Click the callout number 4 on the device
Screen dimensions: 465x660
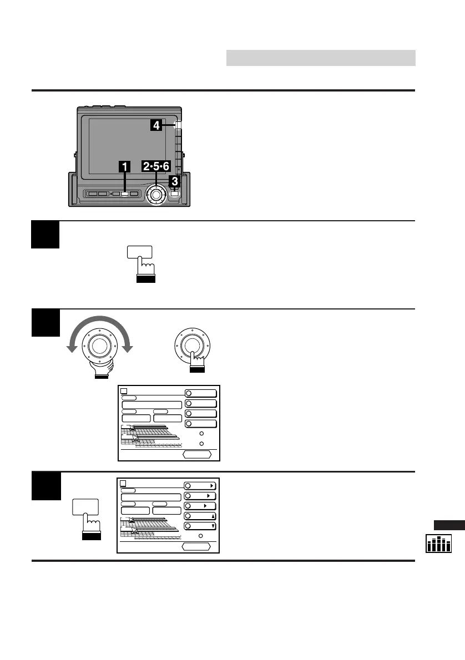[x=156, y=126]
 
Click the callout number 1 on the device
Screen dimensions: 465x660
[x=125, y=166]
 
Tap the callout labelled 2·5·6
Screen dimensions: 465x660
[x=156, y=166]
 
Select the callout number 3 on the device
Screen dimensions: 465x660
[x=174, y=181]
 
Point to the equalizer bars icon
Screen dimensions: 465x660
[x=439, y=544]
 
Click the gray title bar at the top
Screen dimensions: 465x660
[x=321, y=58]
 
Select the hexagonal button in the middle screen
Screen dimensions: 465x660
[x=197, y=454]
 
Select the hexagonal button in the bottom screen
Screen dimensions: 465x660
[x=196, y=546]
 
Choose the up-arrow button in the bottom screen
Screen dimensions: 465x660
[x=200, y=516]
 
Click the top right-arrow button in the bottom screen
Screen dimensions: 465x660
[x=200, y=485]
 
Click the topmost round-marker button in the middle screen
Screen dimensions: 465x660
[x=200, y=393]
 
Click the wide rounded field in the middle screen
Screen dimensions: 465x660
[x=151, y=405]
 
